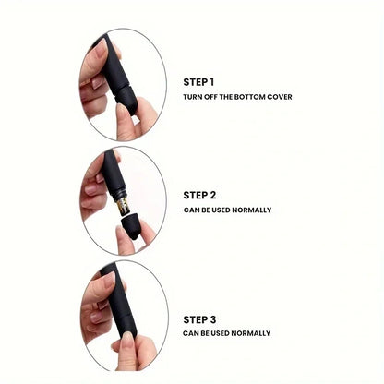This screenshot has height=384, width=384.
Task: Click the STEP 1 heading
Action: tap(199, 81)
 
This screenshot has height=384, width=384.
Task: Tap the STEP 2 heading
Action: tap(199, 195)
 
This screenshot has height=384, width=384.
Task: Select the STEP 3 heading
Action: tap(199, 318)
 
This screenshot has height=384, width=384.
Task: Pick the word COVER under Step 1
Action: tap(280, 97)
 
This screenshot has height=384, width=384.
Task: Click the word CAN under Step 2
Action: tap(190, 210)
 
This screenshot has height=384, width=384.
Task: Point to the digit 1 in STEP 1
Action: tap(212, 81)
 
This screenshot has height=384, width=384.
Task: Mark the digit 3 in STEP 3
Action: tap(213, 318)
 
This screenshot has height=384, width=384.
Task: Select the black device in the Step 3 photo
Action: tap(119, 305)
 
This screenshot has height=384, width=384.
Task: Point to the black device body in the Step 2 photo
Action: tap(114, 175)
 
